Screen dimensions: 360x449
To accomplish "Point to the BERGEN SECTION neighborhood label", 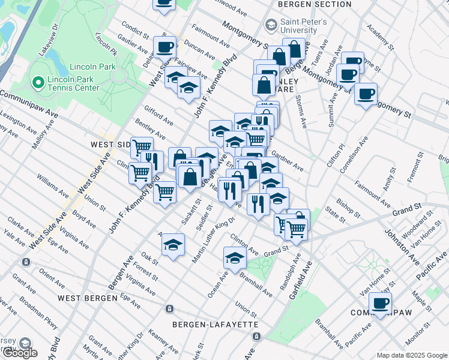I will click(x=315, y=4).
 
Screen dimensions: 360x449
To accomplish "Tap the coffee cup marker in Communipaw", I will click(x=379, y=302).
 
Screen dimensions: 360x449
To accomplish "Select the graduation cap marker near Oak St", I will click(x=173, y=244).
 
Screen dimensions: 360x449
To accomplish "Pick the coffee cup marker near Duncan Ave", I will click(x=164, y=47).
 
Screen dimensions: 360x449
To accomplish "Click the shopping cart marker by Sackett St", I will click(x=164, y=193).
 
